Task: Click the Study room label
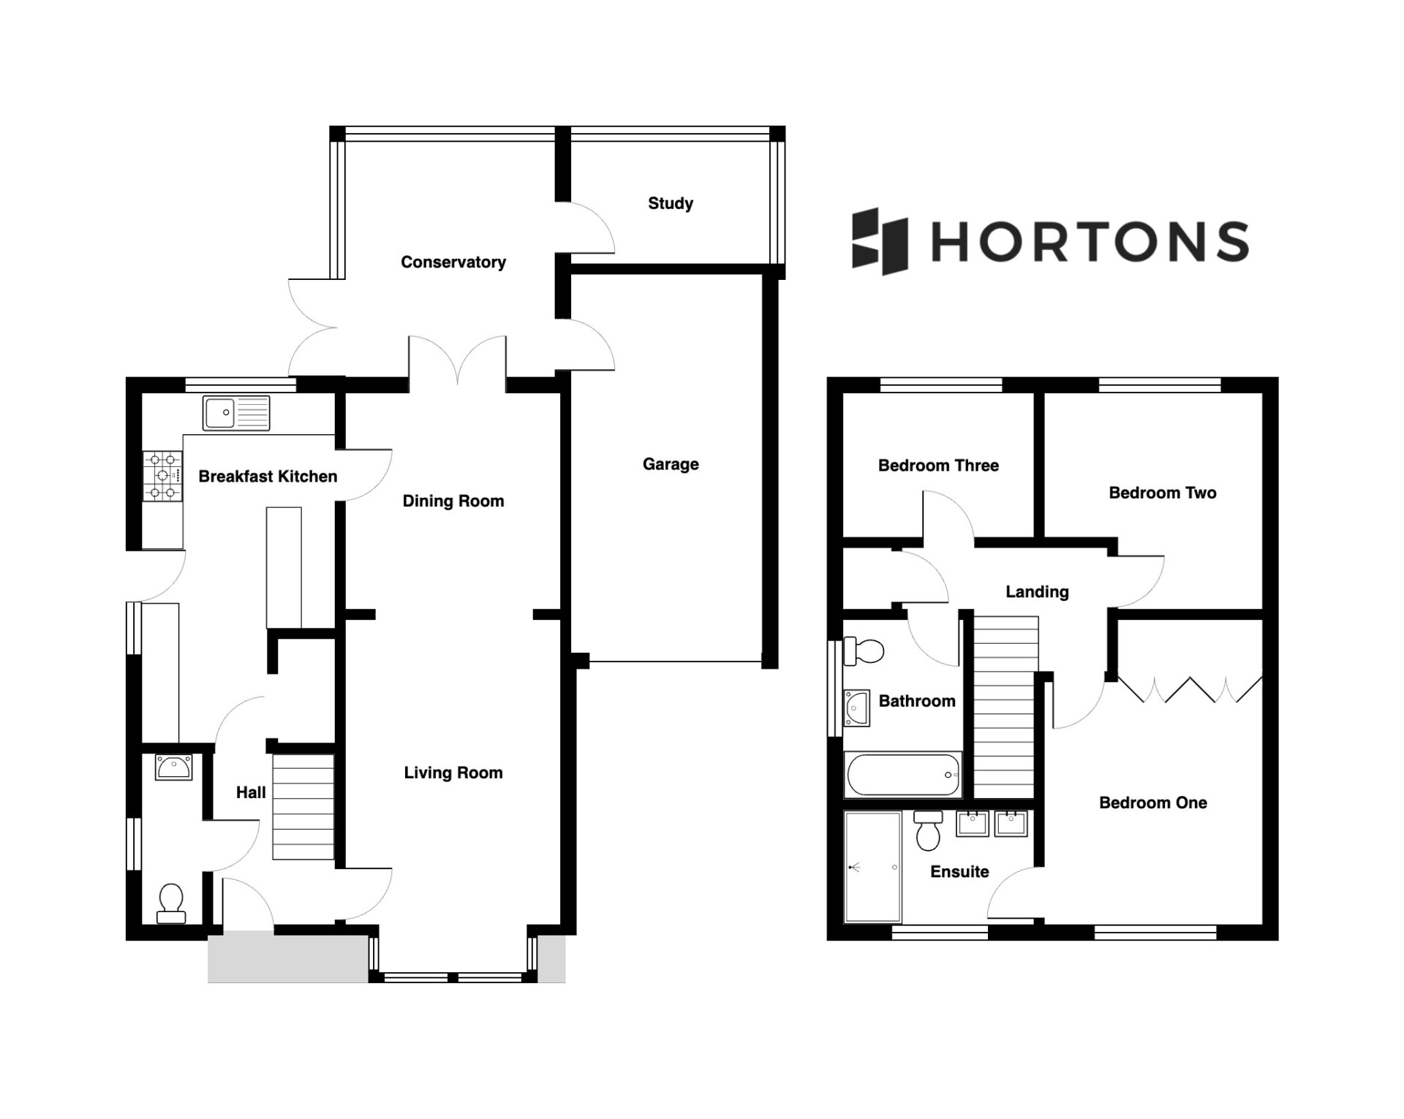(671, 203)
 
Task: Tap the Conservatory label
(453, 262)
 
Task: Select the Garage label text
(671, 464)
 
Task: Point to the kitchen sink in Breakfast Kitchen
(236, 413)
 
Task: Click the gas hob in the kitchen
(162, 476)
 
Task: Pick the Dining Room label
(453, 501)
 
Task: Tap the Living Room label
(453, 773)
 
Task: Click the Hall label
(251, 792)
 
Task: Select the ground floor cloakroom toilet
(171, 903)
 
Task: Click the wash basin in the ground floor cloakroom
(173, 767)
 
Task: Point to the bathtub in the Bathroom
(902, 775)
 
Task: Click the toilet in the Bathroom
(864, 650)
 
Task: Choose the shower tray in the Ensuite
(872, 866)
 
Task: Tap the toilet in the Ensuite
(928, 831)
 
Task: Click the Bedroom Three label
(938, 466)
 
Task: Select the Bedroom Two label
(1163, 493)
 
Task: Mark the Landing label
(1037, 592)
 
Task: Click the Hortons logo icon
(880, 241)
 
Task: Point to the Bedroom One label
(1153, 803)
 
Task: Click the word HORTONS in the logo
(1090, 241)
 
